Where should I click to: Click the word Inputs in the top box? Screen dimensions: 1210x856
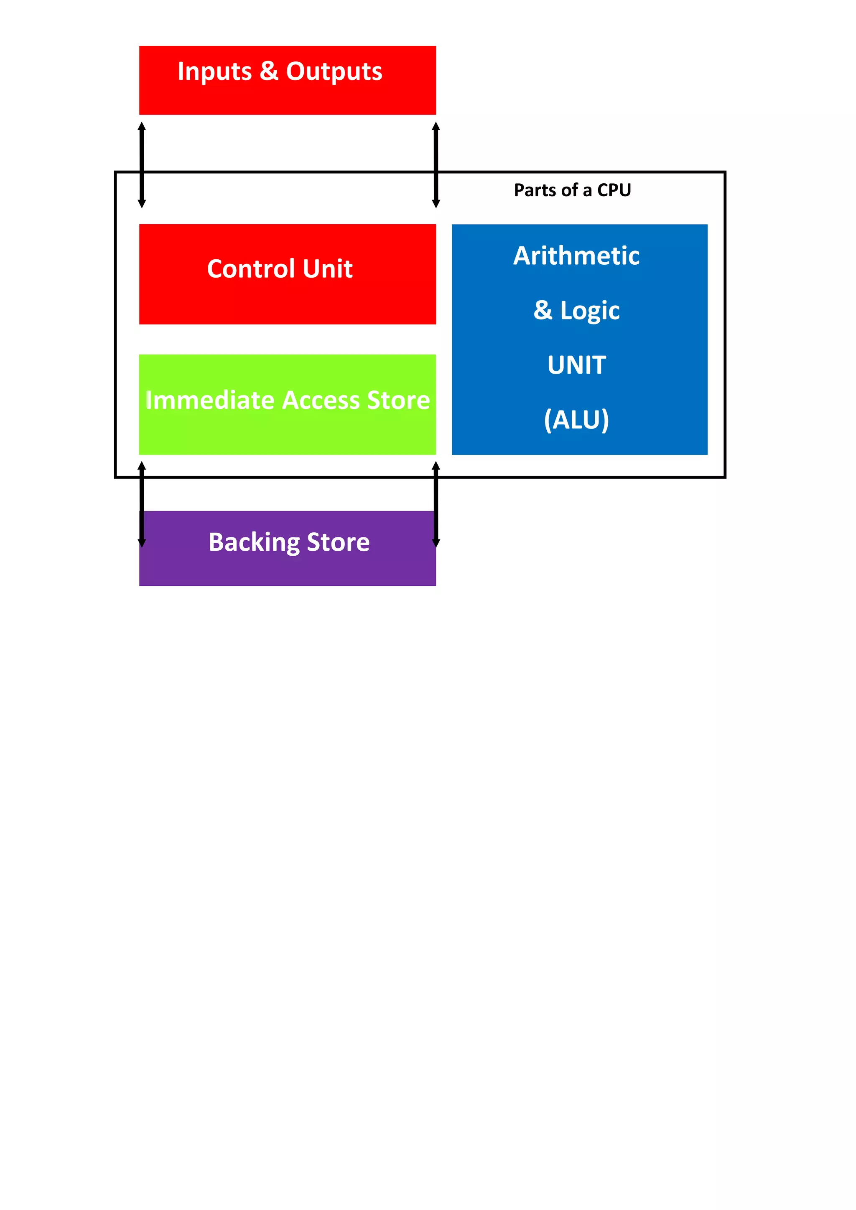pyautogui.click(x=214, y=72)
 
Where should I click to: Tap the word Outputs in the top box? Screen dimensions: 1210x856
pyautogui.click(x=334, y=72)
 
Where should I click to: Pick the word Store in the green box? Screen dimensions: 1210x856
pyautogui.click(x=398, y=400)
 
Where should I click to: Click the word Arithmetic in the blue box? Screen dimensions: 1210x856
pyautogui.click(x=576, y=256)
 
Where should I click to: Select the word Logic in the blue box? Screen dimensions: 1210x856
pyautogui.click(x=590, y=310)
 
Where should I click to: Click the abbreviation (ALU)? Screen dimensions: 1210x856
pyautogui.click(x=576, y=420)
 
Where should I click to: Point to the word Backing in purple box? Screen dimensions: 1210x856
pyautogui.click(x=254, y=542)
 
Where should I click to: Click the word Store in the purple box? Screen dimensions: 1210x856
pyautogui.click(x=338, y=542)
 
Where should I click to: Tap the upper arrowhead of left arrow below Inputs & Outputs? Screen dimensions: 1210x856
pyautogui.click(x=141, y=127)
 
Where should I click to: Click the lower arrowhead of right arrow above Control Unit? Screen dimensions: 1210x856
pyautogui.click(x=436, y=204)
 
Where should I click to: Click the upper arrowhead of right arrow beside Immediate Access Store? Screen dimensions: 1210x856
pyautogui.click(x=436, y=466)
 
